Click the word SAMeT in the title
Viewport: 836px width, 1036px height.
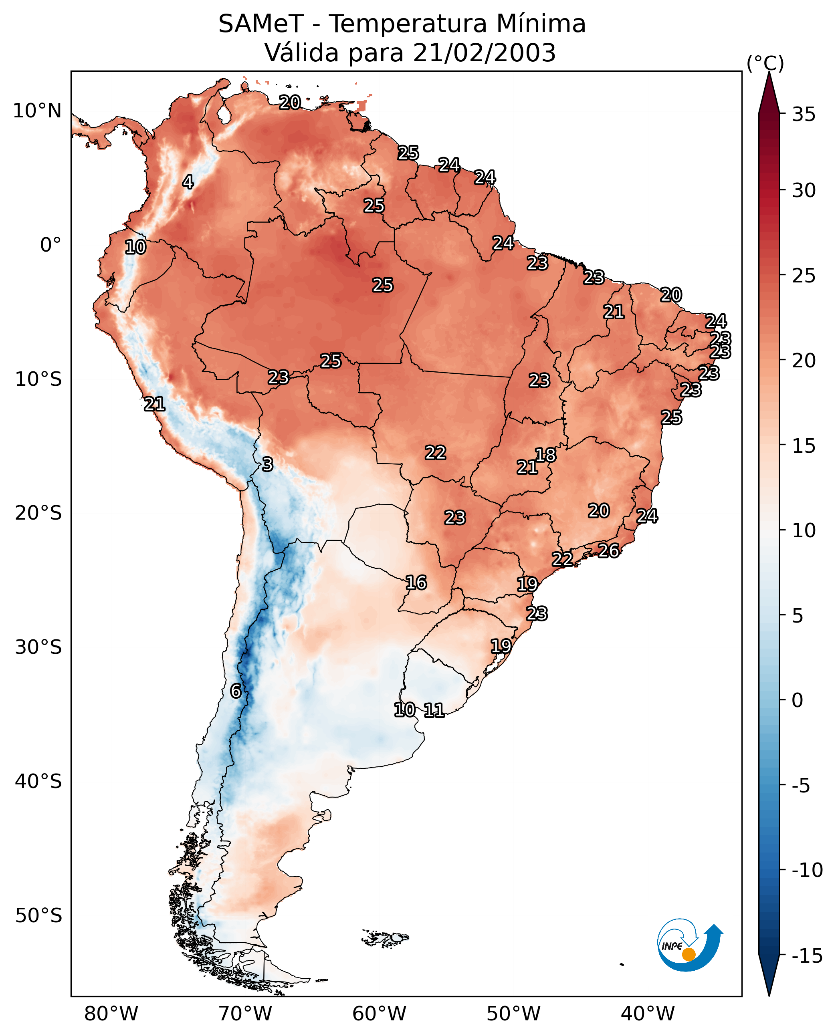coord(260,24)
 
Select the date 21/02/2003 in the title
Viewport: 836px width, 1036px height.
coord(484,53)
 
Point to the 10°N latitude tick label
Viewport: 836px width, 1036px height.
coord(37,111)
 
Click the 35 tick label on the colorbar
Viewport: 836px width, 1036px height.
coord(804,115)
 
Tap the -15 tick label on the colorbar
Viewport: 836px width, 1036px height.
coord(807,956)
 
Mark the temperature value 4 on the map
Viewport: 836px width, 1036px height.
coord(188,182)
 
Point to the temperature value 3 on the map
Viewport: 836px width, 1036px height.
coord(268,464)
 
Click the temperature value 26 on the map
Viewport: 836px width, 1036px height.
coord(609,550)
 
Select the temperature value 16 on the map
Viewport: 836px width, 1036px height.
coord(416,582)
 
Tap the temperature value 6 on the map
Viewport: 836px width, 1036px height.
coord(236,691)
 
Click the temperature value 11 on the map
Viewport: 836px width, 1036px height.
coord(434,710)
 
